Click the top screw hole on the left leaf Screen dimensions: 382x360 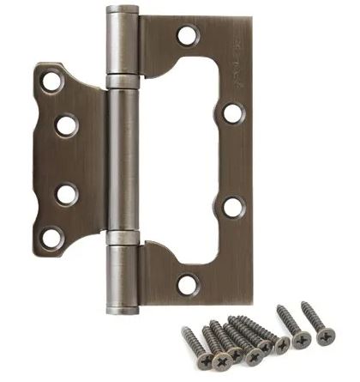51,82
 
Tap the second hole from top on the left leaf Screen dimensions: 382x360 66,124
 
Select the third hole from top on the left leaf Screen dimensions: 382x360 66,193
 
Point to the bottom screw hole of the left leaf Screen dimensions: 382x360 51,236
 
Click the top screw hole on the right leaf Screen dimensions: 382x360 187,36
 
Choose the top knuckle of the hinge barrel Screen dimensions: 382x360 123,45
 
